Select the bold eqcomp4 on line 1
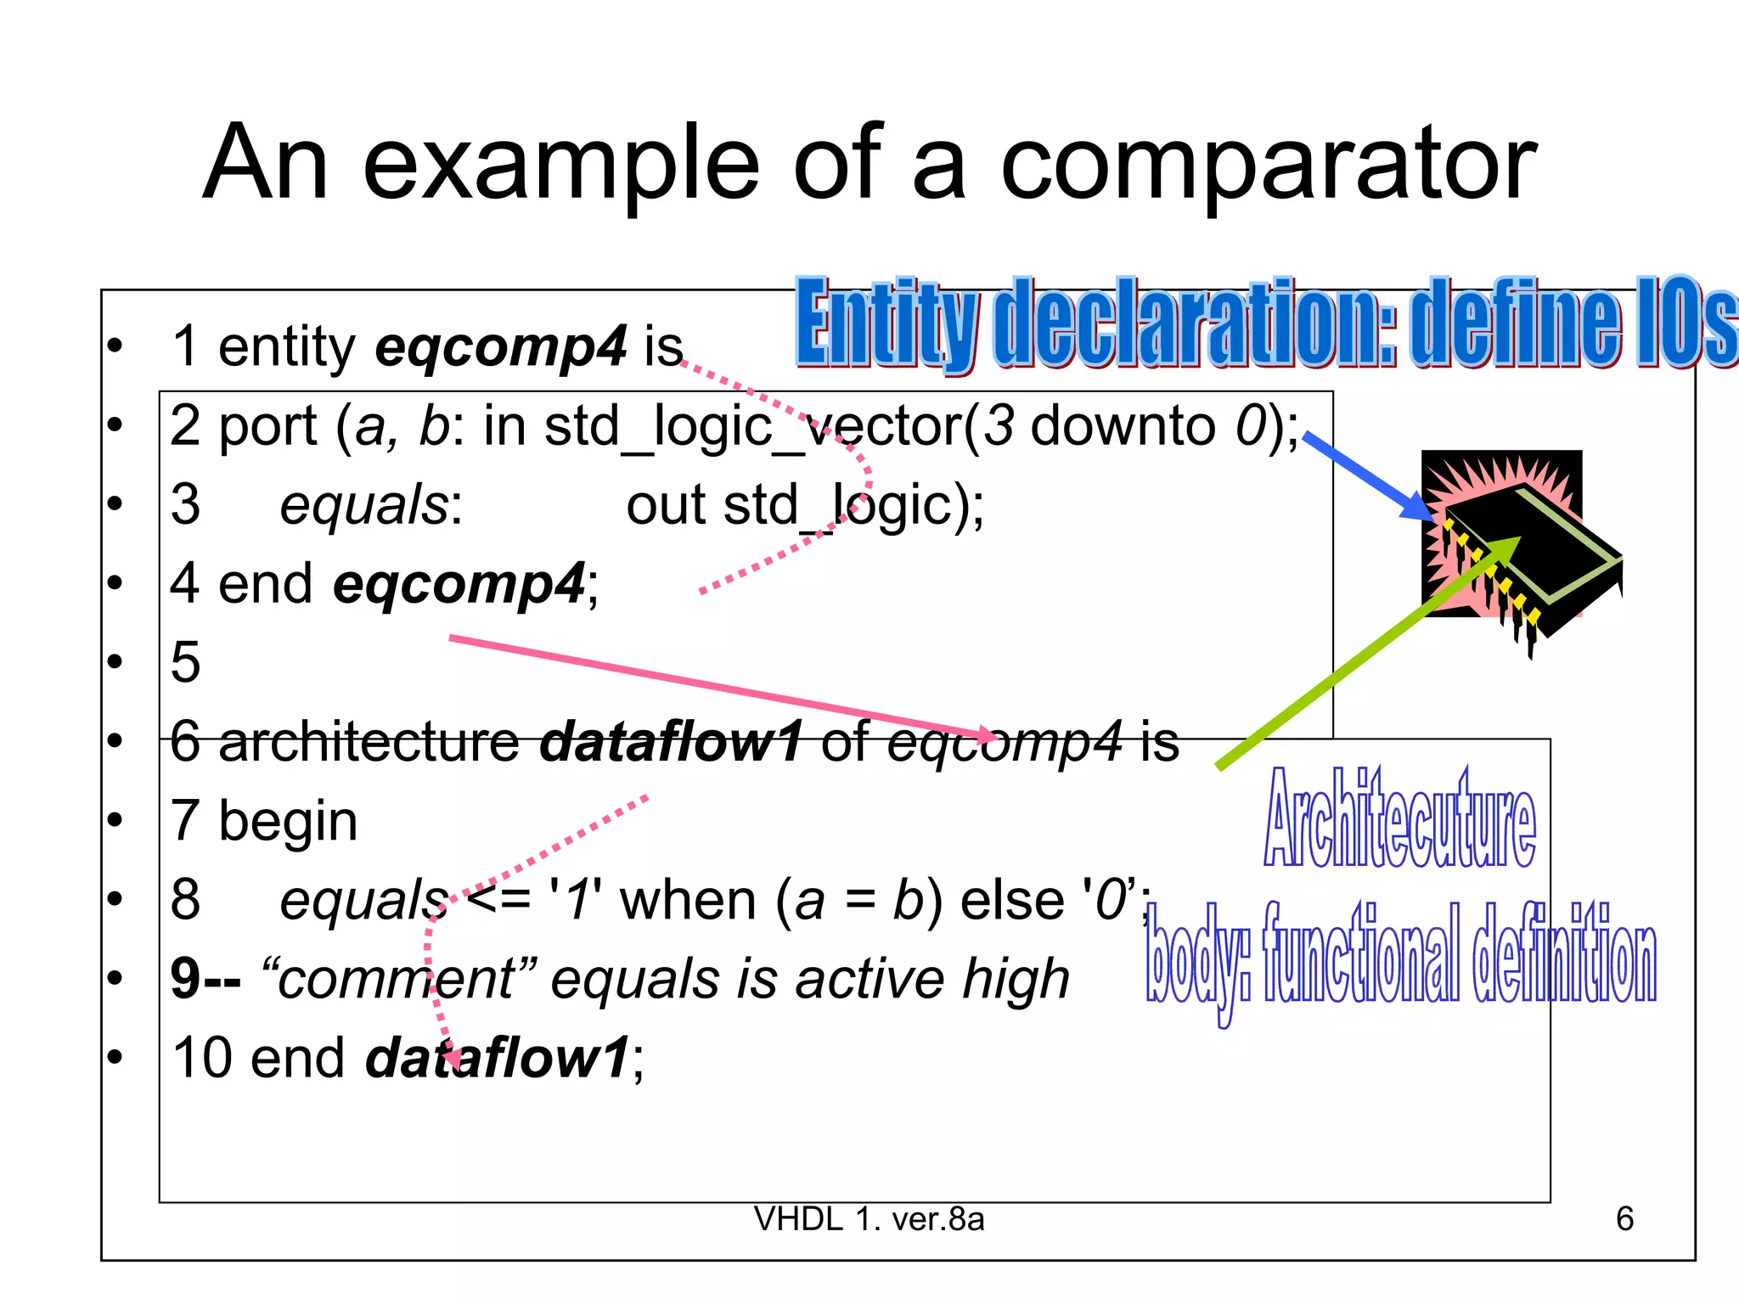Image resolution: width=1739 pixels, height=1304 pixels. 501,346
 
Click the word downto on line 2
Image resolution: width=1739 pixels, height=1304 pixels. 1123,425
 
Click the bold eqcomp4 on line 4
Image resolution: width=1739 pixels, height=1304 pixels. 459,584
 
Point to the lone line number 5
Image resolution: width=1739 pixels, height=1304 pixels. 186,662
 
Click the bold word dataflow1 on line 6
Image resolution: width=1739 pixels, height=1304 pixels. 671,741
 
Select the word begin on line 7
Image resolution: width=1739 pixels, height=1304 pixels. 288,821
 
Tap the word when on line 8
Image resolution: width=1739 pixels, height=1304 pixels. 688,900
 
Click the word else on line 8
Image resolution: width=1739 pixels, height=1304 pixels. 1011,900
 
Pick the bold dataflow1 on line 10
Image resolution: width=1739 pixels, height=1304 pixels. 498,1058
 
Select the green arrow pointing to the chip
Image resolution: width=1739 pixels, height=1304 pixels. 1367,654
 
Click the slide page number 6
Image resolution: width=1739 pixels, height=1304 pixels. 1624,1219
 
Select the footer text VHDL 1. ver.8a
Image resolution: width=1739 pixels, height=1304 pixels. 869,1219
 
